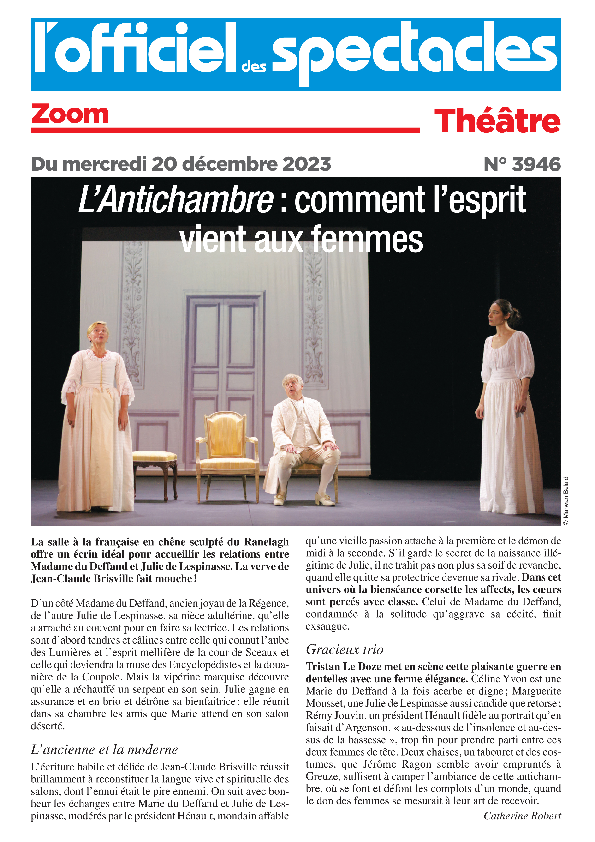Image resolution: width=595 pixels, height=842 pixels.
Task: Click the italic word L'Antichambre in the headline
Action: [x=176, y=200]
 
